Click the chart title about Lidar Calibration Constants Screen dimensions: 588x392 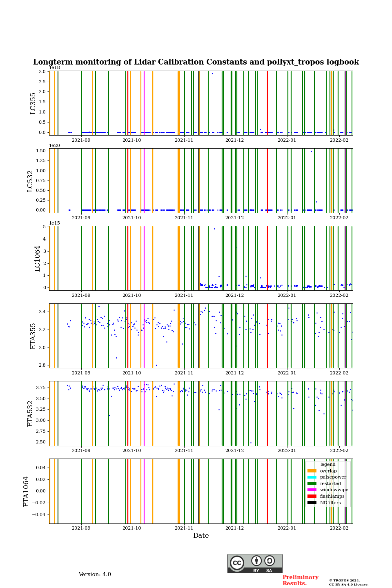coord(196,62)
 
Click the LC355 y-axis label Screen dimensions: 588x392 coord(33,103)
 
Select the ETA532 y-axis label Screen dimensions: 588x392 coord(30,413)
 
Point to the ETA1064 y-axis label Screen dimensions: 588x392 coord(26,491)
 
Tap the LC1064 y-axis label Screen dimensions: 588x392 coord(38,258)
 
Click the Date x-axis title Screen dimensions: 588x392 coord(201,536)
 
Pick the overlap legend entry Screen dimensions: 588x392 coord(328,471)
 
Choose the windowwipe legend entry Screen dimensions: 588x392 coord(334,490)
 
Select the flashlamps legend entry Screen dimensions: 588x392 coord(332,496)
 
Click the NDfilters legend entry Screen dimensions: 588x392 coord(330,503)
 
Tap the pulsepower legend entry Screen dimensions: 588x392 coord(333,477)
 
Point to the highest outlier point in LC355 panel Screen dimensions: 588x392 coord(212,74)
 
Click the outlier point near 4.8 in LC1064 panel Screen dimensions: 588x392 coord(214,229)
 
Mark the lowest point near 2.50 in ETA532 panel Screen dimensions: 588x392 coord(251,443)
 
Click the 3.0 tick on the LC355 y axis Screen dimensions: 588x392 coord(42,71)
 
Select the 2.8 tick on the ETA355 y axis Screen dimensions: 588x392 coord(42,365)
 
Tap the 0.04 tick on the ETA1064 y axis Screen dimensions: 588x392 coord(40,468)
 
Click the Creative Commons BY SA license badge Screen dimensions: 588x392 coord(255,563)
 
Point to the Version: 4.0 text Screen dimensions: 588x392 coord(95,575)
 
